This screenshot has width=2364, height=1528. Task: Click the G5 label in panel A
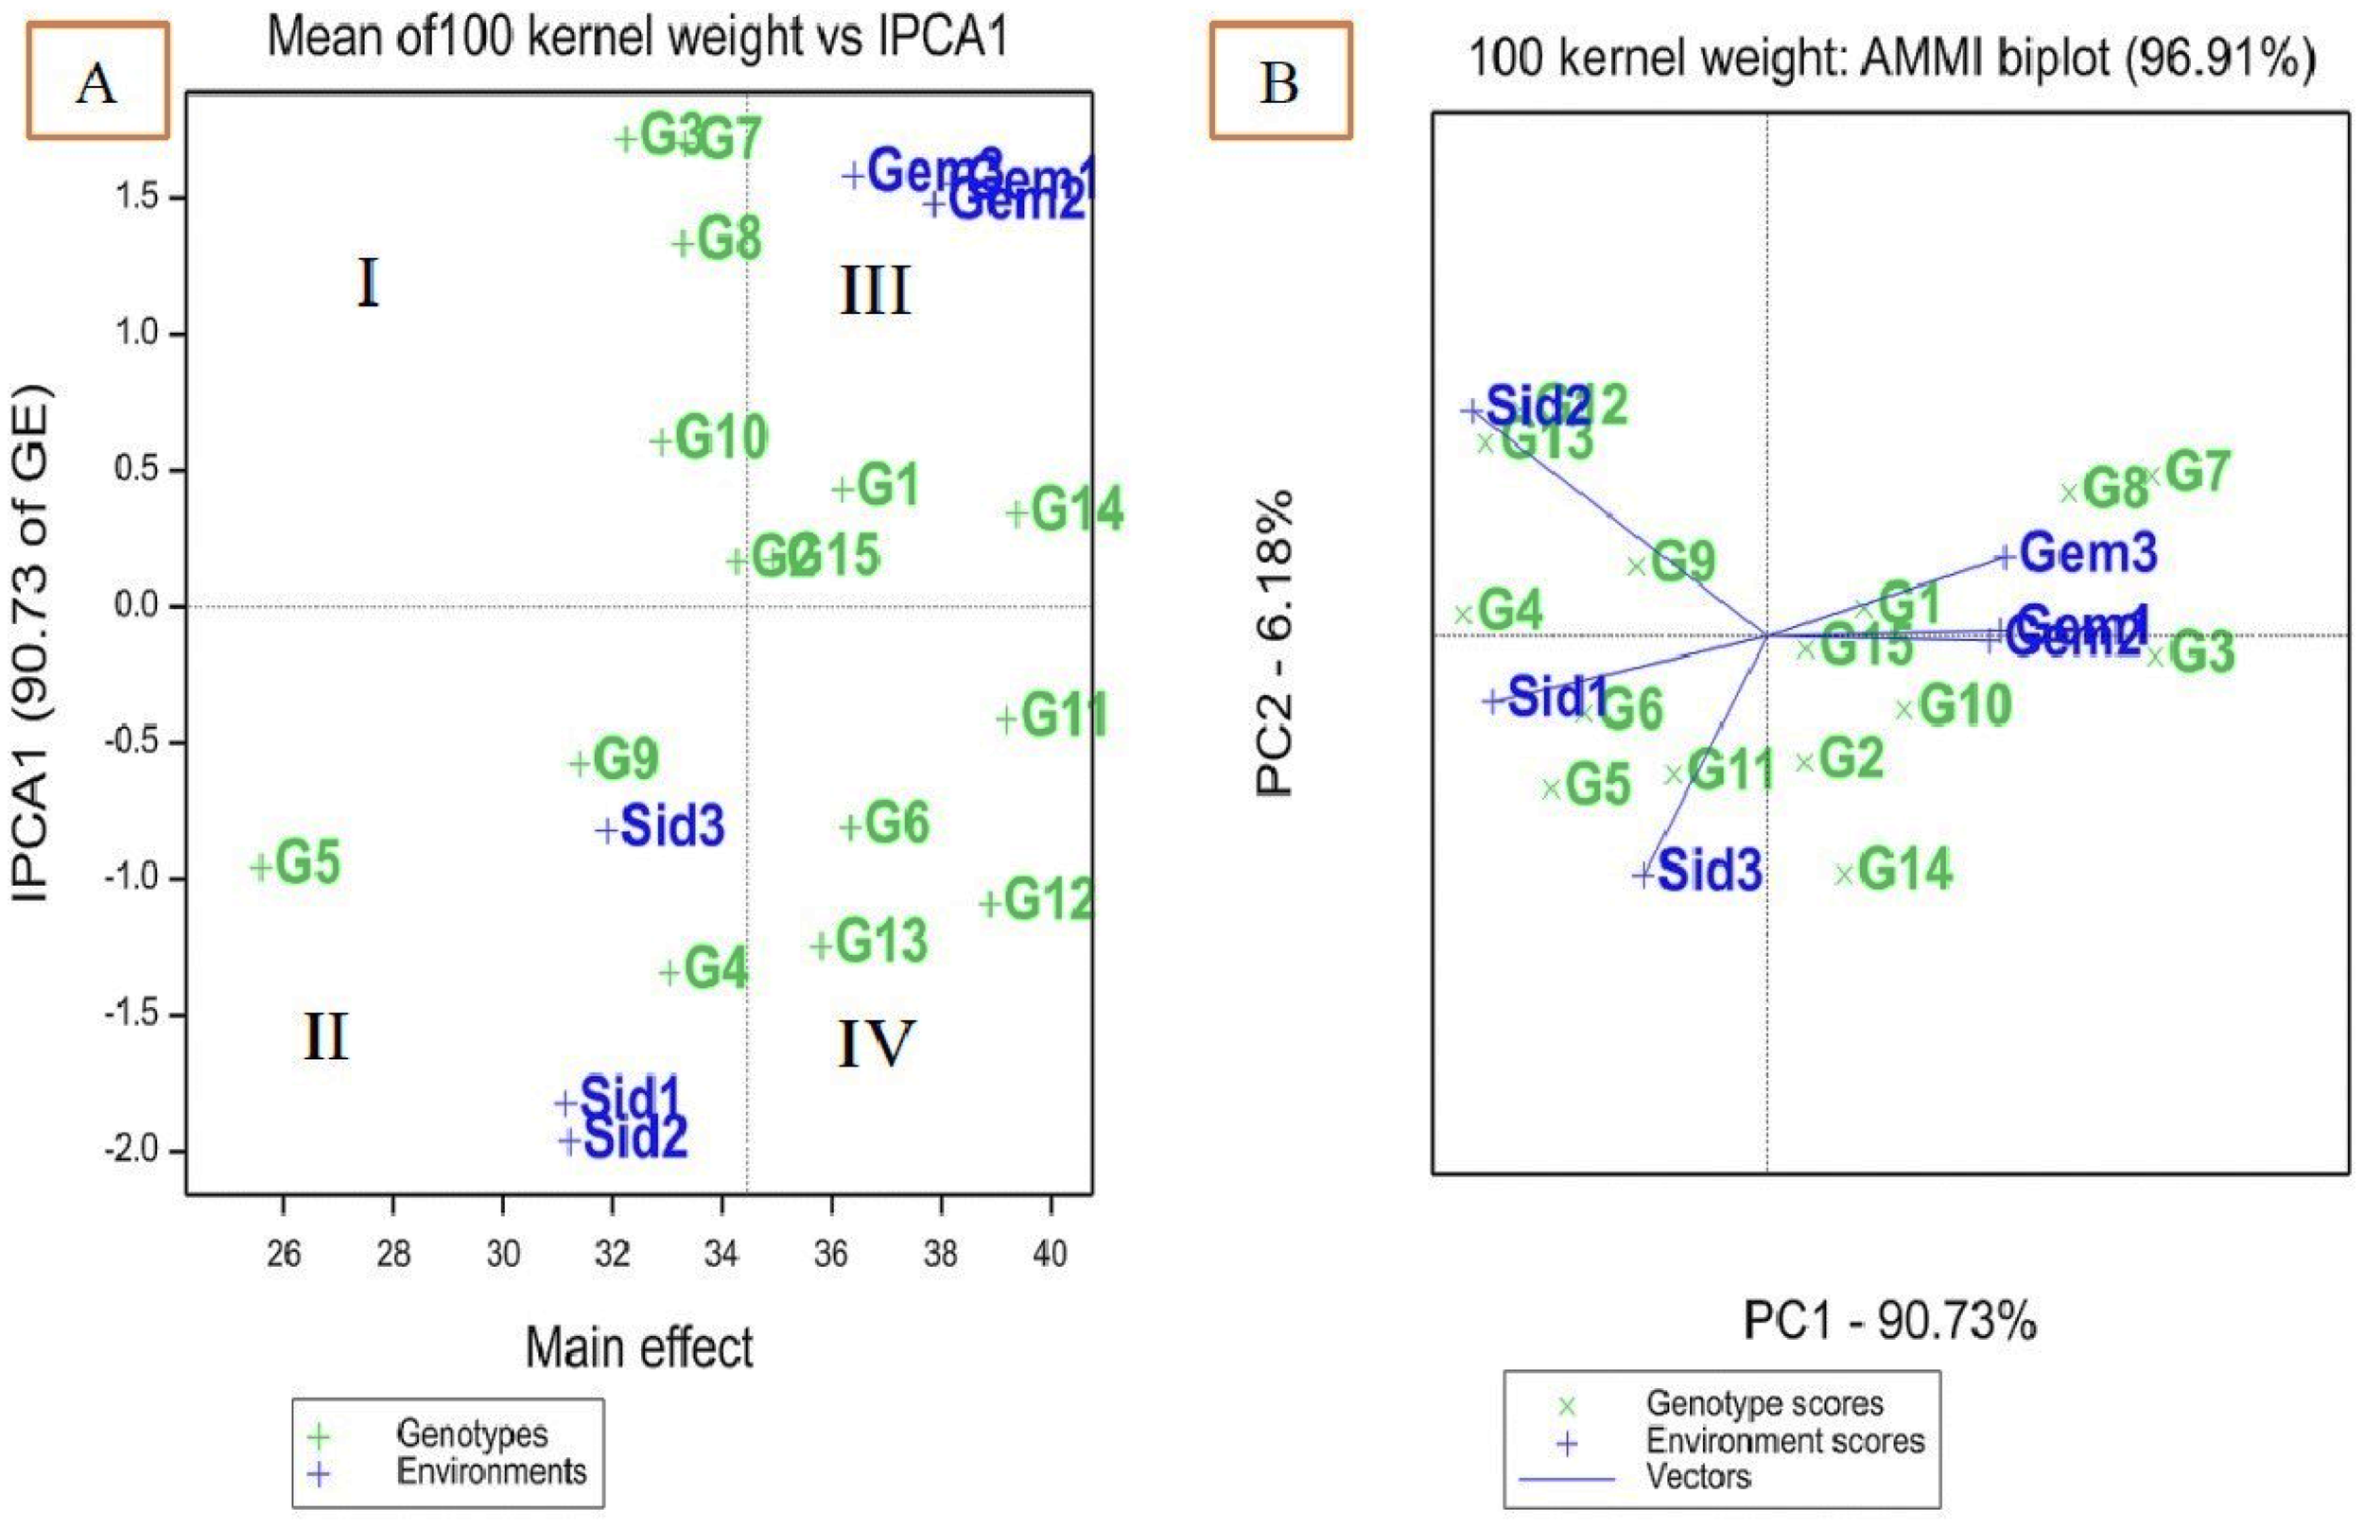click(306, 862)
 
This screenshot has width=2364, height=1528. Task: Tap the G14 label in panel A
click(1076, 511)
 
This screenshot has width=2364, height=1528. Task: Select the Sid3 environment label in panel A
click(672, 826)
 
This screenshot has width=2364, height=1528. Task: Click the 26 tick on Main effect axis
click(284, 1254)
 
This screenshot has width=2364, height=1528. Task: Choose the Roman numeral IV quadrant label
click(874, 1044)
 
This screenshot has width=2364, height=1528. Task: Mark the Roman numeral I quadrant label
click(368, 284)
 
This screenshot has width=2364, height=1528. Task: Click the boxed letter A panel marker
click(97, 81)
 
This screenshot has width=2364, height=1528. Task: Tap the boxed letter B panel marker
click(1279, 81)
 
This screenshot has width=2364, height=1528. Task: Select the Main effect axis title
click(639, 1348)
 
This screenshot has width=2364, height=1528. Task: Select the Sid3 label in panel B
click(1710, 870)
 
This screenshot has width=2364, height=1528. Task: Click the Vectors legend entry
click(1698, 1477)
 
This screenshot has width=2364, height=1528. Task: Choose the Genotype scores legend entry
click(1764, 1404)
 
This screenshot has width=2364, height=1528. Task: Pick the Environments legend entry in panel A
click(491, 1471)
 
